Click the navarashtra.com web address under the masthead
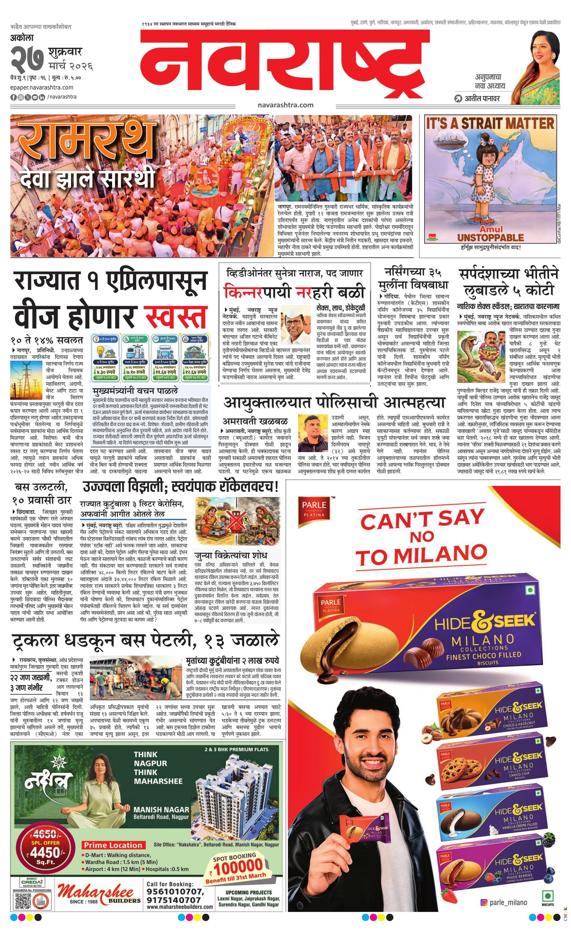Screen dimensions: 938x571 point(285,105)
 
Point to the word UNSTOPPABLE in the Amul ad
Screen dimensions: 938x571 point(490,238)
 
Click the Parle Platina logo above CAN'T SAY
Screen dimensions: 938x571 point(314,508)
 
